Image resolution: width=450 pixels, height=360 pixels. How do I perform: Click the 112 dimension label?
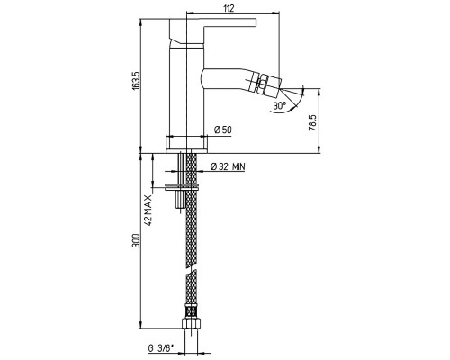pos(229,8)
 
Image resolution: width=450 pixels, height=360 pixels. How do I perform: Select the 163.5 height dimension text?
pos(136,80)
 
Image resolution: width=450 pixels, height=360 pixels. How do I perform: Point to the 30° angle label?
pos(280,105)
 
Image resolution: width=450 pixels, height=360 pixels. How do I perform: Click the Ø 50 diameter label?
pos(223,130)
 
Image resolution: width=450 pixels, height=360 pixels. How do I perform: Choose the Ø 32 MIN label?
pos(228,166)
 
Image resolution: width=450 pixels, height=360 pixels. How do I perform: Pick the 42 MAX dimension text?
pos(148,210)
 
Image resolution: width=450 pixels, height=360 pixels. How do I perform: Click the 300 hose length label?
pos(137,240)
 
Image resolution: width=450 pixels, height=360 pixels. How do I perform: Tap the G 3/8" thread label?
pos(161,348)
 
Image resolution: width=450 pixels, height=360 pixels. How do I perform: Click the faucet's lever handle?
pos(213,31)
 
